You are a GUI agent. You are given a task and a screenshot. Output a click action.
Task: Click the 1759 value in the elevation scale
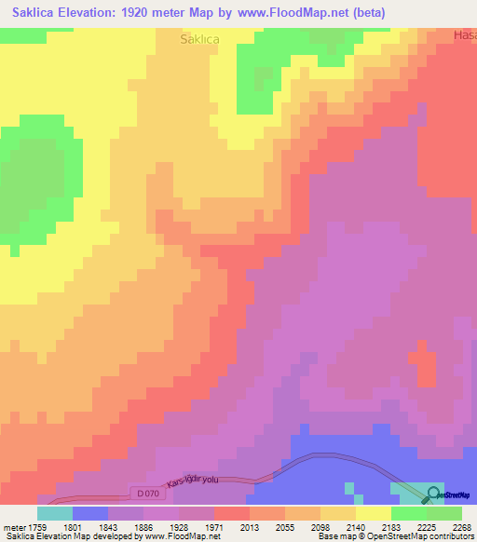[x=36, y=526]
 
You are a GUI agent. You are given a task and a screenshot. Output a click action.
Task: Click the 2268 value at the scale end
[x=463, y=526]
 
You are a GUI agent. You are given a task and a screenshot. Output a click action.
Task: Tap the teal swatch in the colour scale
[x=55, y=513]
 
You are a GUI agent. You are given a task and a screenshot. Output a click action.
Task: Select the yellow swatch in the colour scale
[x=373, y=513]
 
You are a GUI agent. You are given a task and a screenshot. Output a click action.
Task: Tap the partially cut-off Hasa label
[x=464, y=35]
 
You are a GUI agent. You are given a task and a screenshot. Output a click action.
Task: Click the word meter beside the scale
[x=12, y=526]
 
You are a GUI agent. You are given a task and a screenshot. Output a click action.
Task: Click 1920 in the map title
[x=140, y=13]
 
